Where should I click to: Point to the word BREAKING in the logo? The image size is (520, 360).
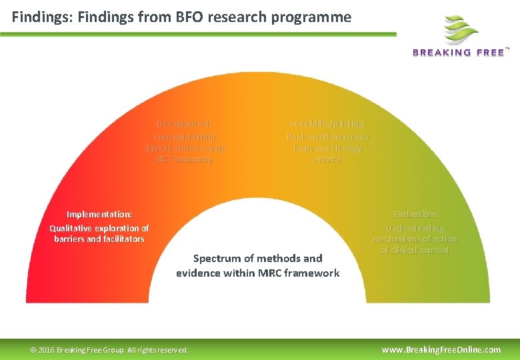coord(443,53)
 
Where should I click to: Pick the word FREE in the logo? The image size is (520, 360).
coord(491,53)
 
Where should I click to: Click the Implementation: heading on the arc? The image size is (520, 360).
coord(99,214)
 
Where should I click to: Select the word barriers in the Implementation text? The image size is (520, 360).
coord(72,239)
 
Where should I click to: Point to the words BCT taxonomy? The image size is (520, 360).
coord(185,160)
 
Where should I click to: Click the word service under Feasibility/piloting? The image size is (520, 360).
coord(328,160)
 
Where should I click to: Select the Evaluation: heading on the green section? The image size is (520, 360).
coord(415,214)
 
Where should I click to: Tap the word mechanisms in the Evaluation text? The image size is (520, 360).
coord(399,239)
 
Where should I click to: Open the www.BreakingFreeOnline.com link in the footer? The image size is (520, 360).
coord(441,349)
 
